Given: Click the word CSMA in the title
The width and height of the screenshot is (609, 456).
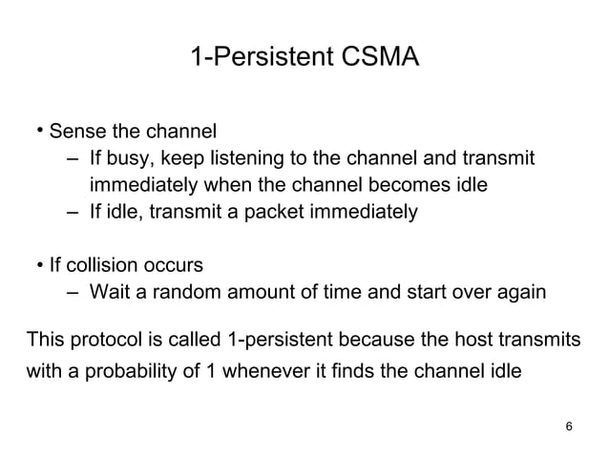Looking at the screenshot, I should (379, 58).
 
